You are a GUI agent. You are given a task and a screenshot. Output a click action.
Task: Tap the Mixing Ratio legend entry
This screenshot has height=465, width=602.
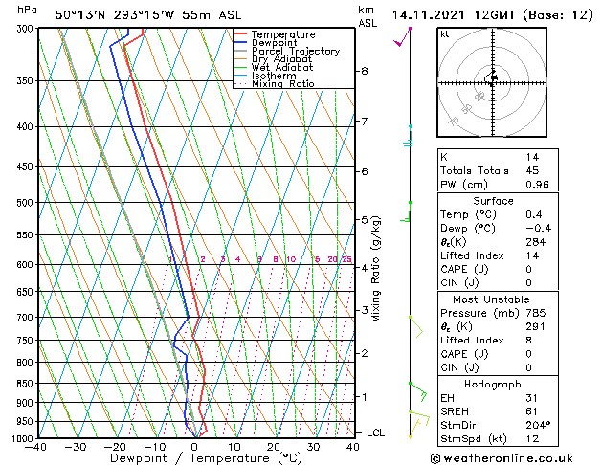pos(282,84)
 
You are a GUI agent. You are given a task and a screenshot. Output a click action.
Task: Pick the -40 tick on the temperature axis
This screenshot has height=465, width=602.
pos(36,446)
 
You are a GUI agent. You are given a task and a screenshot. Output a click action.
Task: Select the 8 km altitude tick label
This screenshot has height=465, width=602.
pos(365,71)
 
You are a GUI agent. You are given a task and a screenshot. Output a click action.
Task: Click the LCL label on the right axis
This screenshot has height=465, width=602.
pos(375,432)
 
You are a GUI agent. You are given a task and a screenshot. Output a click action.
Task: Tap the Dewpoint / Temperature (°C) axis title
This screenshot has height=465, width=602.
pos(194,458)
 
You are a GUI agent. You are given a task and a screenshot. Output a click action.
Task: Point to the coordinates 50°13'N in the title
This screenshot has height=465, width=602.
pos(80,14)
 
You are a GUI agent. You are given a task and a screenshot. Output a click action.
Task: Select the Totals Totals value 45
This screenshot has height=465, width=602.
pos(532,170)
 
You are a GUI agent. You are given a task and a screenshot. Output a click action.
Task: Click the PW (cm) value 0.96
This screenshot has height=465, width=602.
pos(537,185)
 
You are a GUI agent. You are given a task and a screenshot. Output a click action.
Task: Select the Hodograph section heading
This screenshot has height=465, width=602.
pos(493,383)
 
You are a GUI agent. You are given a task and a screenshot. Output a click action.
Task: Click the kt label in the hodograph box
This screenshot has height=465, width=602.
pos(445,33)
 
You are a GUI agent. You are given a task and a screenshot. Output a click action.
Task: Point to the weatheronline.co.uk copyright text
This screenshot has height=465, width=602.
pos(515,457)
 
